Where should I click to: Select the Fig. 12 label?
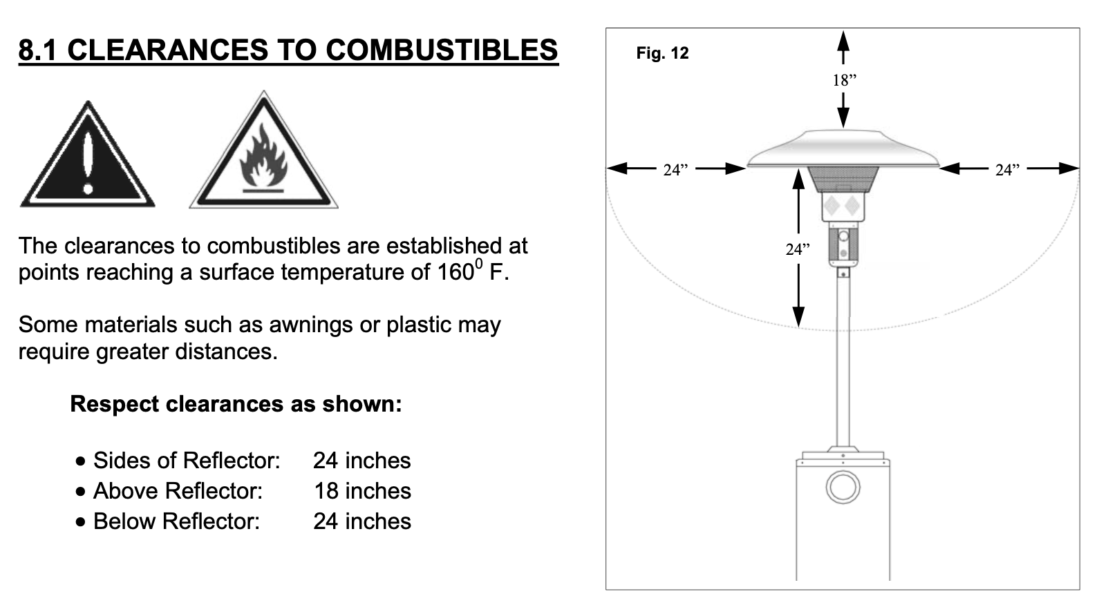(x=662, y=53)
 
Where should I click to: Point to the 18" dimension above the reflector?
(x=843, y=80)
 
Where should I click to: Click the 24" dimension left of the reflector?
(x=675, y=169)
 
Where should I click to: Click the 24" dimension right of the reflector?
(x=1007, y=169)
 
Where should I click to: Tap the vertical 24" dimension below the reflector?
(x=797, y=249)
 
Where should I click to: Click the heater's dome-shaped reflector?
(x=843, y=151)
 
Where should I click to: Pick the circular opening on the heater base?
(x=843, y=488)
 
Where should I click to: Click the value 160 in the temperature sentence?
(x=454, y=272)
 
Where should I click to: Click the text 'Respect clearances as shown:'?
(x=236, y=403)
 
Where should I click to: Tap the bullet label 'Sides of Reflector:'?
(x=186, y=460)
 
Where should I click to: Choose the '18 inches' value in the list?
(x=362, y=490)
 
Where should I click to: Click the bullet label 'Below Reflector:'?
(x=176, y=521)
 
